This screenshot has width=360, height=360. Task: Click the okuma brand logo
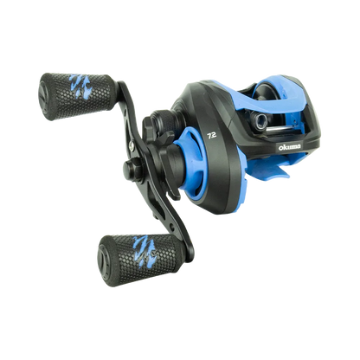289,147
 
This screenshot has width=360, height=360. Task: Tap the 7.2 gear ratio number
211,136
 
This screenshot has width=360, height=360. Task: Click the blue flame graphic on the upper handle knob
80,86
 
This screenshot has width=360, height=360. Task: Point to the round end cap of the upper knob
44,97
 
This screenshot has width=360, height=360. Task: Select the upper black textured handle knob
78,96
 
